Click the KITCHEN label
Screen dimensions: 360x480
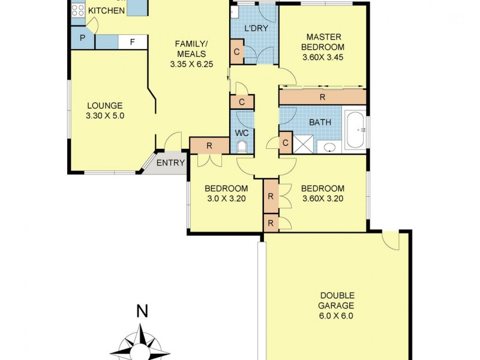click(107, 11)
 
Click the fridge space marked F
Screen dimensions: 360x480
click(132, 42)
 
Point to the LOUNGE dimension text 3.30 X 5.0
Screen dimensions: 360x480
click(106, 116)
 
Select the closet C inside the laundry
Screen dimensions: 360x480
click(237, 52)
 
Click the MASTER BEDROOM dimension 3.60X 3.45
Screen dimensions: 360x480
click(324, 59)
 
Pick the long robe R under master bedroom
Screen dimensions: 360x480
click(322, 97)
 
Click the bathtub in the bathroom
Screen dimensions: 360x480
click(356, 129)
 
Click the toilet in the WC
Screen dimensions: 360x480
click(241, 146)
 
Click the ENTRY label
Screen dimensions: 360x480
click(170, 163)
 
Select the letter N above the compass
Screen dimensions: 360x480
click(142, 311)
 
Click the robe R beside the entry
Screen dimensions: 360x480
click(209, 145)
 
